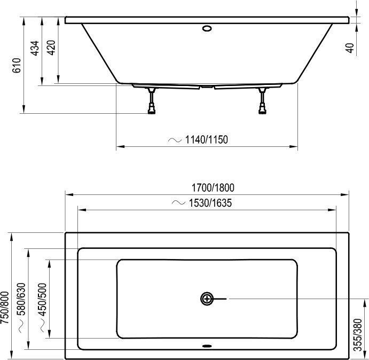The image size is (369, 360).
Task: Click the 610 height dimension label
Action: pyautogui.click(x=17, y=66)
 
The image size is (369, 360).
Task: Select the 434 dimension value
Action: pyautogui.click(x=35, y=48)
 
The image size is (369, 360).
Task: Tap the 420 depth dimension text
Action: pyautogui.click(x=51, y=48)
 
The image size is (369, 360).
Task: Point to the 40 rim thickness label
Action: pyautogui.click(x=350, y=48)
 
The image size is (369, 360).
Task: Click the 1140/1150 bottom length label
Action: pyautogui.click(x=206, y=139)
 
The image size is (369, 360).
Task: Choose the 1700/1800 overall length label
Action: pyautogui.click(x=213, y=188)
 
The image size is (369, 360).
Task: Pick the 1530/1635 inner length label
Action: pyautogui.click(x=210, y=203)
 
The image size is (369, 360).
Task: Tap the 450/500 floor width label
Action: pyautogui.click(x=43, y=299)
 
